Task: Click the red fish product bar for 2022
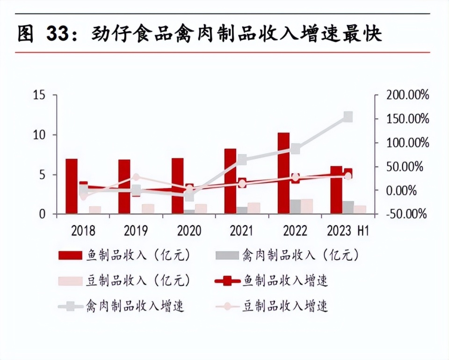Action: tap(283, 173)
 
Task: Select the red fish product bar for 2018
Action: tap(71, 186)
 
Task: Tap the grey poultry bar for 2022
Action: tap(295, 206)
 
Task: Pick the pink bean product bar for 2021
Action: tap(254, 208)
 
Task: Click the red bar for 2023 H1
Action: tap(336, 190)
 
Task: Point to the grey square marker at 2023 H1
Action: tap(348, 117)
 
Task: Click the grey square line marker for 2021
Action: tap(242, 160)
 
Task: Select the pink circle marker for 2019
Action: tap(136, 177)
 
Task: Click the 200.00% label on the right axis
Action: tap(407, 96)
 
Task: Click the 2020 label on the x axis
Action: tap(189, 231)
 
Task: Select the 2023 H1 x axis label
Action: tap(348, 231)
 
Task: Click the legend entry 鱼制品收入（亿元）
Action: tap(124, 255)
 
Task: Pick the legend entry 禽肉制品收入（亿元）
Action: tap(288, 255)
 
